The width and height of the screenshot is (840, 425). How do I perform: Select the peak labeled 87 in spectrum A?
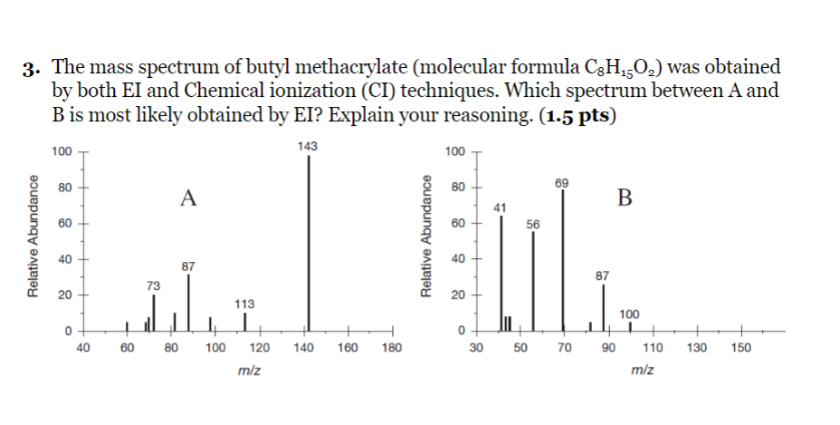[x=188, y=304]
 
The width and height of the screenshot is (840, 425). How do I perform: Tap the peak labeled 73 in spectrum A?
[x=154, y=313]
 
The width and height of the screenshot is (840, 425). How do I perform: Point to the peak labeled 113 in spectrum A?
[x=244, y=322]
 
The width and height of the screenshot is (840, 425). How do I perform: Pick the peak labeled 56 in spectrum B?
[x=533, y=281]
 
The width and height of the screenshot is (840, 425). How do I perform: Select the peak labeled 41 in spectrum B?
[x=501, y=273]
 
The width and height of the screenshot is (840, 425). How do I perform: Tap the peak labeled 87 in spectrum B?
[x=603, y=308]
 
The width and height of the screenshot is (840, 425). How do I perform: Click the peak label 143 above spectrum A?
[x=309, y=146]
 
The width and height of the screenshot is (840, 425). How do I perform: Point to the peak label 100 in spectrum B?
[x=630, y=314]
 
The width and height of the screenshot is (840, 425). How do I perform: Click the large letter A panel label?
[x=187, y=198]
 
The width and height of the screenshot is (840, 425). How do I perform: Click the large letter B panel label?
[x=625, y=197]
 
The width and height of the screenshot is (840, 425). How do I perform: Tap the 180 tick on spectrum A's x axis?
[x=392, y=346]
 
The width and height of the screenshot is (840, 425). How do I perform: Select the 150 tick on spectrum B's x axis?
[x=740, y=346]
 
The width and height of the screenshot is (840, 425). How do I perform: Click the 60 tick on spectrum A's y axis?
[x=60, y=223]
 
